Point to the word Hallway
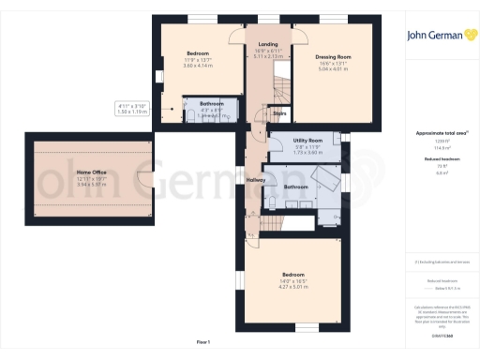(x=256, y=180)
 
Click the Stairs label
(x=278, y=113)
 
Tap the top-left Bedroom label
(x=198, y=53)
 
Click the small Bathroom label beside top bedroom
(x=210, y=104)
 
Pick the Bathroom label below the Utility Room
(x=296, y=187)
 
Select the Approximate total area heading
(x=440, y=133)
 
